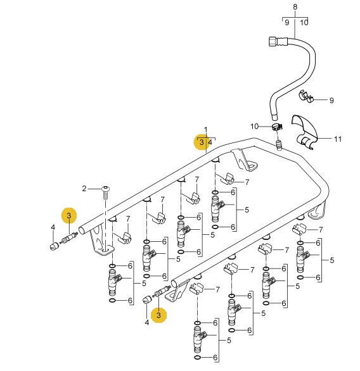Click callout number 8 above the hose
295,7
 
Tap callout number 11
338,139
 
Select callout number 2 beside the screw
84,189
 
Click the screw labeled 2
105,192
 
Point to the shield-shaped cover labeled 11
305,132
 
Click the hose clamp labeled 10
277,127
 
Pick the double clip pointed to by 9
306,96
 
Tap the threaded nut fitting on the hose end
274,42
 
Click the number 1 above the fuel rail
205,130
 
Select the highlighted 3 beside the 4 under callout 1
202,142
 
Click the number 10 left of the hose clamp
255,127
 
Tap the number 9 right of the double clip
331,100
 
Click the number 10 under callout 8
304,23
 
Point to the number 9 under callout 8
287,23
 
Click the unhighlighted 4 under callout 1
210,142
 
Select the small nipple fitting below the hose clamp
280,144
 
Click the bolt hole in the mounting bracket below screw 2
105,250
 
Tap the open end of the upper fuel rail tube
82,230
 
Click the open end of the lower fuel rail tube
174,283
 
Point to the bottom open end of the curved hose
274,118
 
